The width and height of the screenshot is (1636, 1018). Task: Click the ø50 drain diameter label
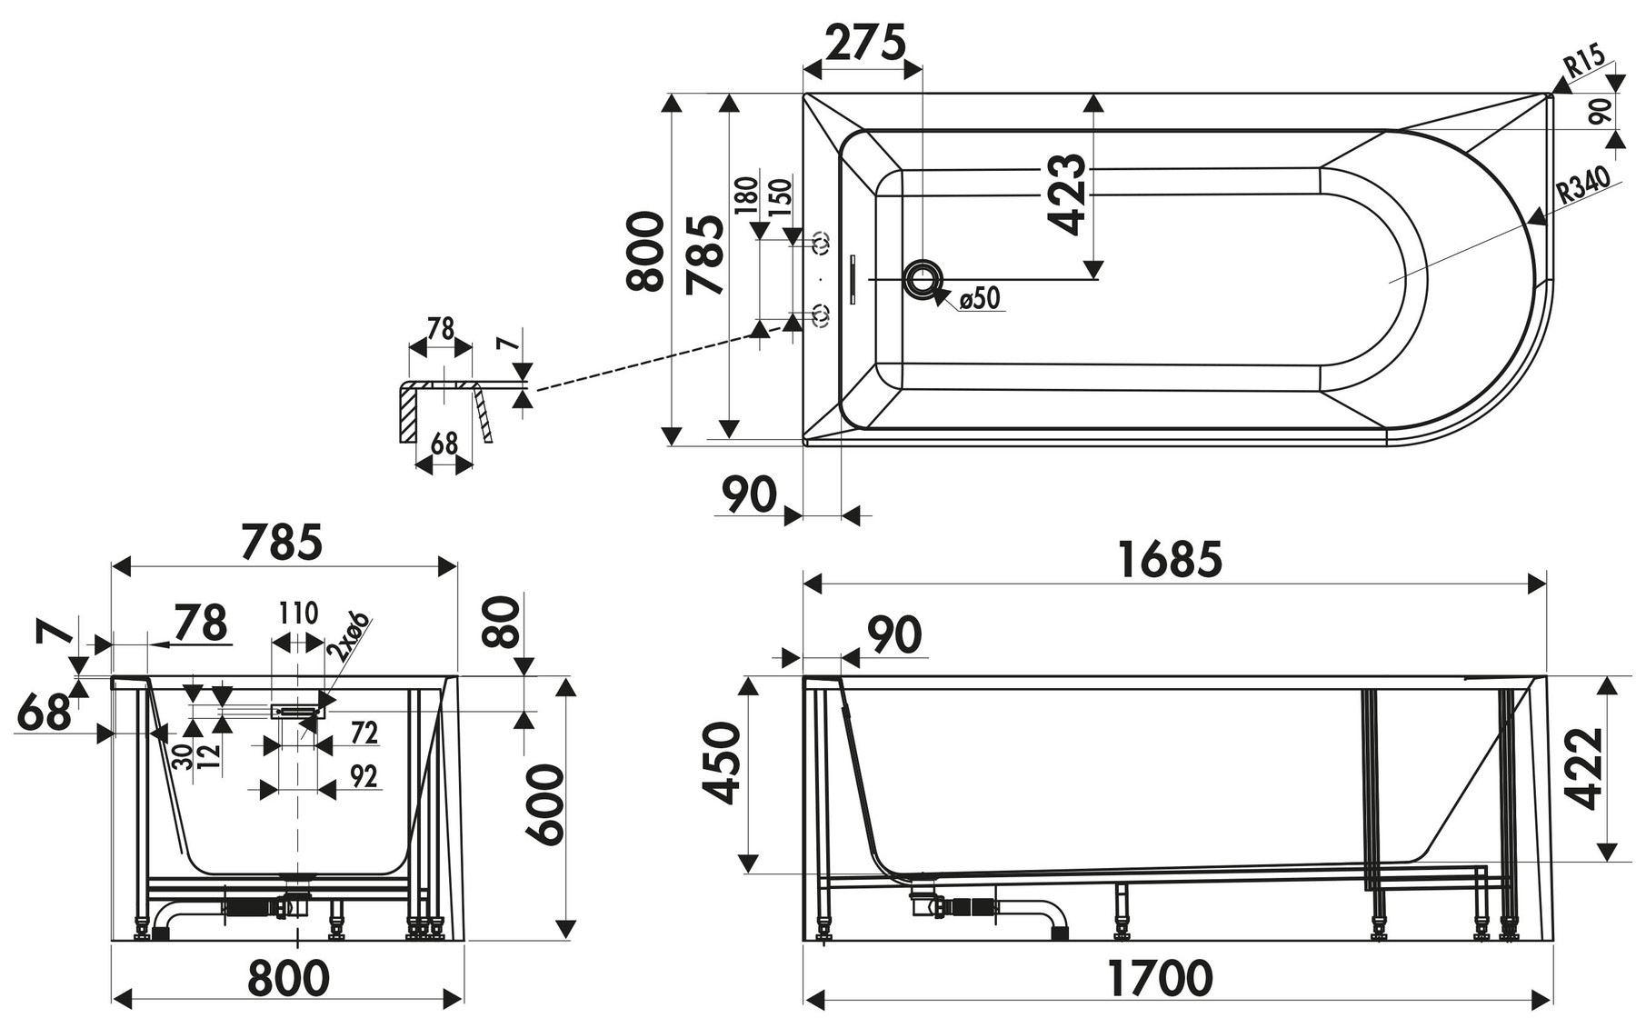tap(979, 297)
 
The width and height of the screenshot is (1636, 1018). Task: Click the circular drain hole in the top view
tap(923, 278)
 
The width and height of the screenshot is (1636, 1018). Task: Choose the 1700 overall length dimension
tap(1160, 978)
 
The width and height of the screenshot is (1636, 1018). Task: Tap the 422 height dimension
tap(1584, 768)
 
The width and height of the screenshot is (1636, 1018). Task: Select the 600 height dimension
tap(546, 805)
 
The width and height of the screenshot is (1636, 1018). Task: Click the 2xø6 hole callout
tap(350, 636)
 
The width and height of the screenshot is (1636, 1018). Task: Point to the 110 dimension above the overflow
tap(298, 614)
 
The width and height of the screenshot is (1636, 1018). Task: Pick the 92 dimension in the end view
tap(364, 776)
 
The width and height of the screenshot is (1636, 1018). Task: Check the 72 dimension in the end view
tap(364, 733)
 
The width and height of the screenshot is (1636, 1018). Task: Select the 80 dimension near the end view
tap(502, 620)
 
